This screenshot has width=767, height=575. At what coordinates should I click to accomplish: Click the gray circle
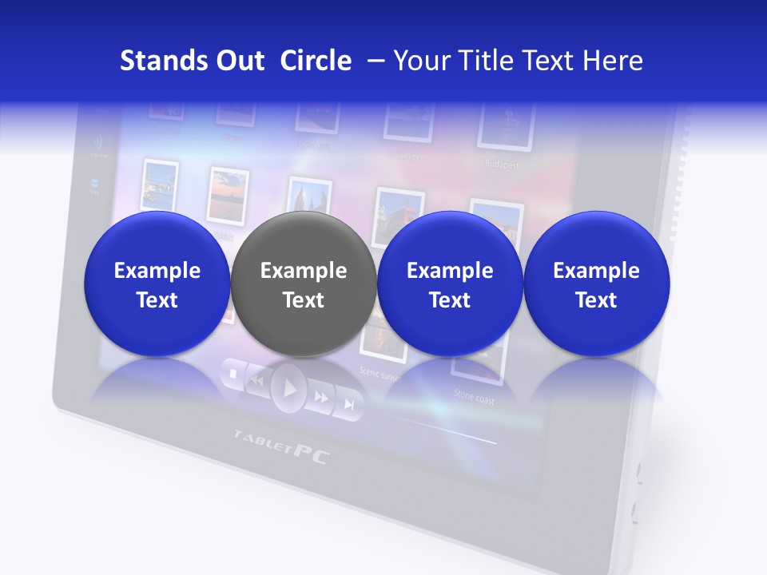pos(304,284)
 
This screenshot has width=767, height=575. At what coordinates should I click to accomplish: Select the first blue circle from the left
pos(157,284)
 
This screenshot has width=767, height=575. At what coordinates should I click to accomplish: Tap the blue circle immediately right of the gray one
pos(450,284)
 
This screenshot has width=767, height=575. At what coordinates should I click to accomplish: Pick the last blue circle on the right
pos(596,284)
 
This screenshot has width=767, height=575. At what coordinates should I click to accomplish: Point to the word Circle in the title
pos(316,61)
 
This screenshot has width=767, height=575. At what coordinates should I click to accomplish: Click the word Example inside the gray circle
pos(304,271)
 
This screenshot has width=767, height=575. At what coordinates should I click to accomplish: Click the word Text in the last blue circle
pos(596,300)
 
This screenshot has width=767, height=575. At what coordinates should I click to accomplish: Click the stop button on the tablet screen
pos(232,374)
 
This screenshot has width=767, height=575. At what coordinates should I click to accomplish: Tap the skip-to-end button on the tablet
pos(349,404)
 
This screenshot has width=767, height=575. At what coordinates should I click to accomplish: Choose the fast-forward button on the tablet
pos(321,397)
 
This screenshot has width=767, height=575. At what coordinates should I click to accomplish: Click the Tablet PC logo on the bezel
pos(281,446)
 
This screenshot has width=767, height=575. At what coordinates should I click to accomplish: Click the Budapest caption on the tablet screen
pos(502,165)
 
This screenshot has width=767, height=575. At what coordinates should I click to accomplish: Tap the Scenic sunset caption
pos(380,373)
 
